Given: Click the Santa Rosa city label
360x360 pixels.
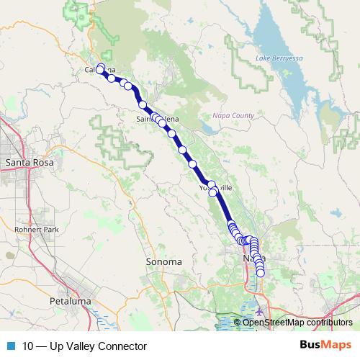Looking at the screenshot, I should click(x=26, y=163).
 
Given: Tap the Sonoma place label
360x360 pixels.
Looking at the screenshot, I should click(x=163, y=261).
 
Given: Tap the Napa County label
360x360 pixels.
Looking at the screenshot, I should click(x=234, y=115).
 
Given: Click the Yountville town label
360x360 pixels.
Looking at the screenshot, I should click(x=216, y=187).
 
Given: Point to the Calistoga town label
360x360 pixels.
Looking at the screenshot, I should click(x=100, y=70).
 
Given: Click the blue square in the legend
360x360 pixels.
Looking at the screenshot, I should click(x=10, y=346).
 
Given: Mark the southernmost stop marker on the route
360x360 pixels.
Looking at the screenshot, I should click(x=261, y=273).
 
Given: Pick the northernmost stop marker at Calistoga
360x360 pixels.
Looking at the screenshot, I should click(x=101, y=68).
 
